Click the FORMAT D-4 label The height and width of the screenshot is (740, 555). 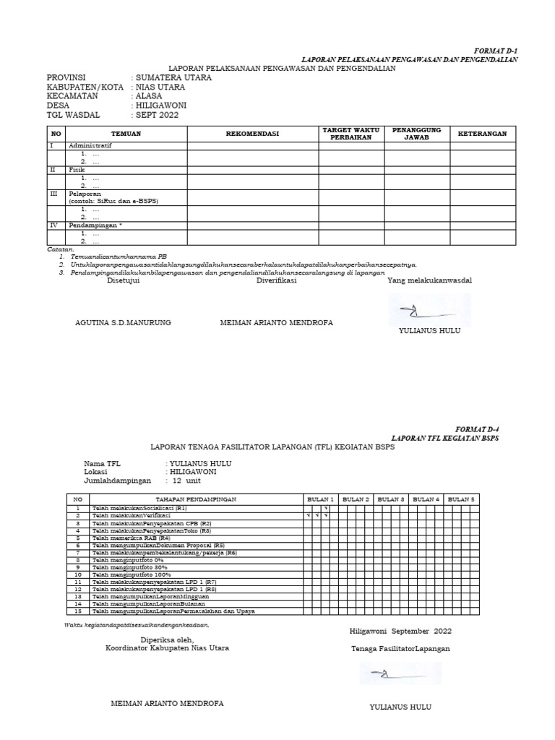(477, 429)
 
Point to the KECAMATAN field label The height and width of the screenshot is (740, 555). (72, 96)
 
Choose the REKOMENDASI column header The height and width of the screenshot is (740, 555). (252, 134)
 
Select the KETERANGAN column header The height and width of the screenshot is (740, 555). (483, 134)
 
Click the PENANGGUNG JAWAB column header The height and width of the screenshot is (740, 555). (416, 134)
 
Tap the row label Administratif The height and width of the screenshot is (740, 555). (90, 145)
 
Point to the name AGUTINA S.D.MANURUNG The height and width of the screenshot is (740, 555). (123, 323)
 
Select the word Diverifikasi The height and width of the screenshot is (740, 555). (277, 281)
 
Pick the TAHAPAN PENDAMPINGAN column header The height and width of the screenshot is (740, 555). (196, 499)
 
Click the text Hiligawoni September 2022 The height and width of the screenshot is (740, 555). (400, 631)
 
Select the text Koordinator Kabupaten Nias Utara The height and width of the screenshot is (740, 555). (167, 648)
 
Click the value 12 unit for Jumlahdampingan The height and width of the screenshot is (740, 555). (186, 481)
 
